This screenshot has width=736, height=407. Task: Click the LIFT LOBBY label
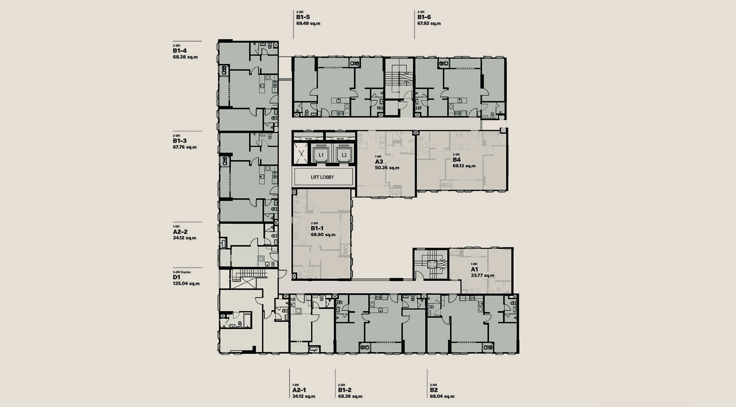point(322,177)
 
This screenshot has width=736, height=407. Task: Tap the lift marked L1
point(321,154)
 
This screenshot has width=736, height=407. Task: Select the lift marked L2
point(344,154)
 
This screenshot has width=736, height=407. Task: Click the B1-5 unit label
point(303,17)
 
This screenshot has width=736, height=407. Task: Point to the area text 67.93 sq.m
point(429,24)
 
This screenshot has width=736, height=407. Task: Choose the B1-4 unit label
point(180,51)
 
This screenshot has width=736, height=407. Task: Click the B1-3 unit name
point(180,141)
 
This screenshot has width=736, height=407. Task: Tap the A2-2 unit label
point(180,232)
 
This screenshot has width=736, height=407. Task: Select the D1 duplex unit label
point(177,277)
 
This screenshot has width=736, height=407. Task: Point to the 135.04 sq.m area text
point(186,284)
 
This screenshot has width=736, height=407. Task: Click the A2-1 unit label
point(300,390)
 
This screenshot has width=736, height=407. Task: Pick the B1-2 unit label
point(345,390)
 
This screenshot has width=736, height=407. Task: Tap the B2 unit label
point(434,390)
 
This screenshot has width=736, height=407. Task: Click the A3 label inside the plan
point(379,162)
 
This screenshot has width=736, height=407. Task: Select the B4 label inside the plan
point(456,160)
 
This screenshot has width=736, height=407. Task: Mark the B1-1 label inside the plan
point(317,228)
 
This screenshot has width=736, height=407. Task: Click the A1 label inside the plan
point(474,269)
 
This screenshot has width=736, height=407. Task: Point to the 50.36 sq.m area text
point(387,168)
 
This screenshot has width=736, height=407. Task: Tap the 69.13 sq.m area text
point(464,166)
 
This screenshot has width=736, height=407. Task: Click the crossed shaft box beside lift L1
point(301,153)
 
